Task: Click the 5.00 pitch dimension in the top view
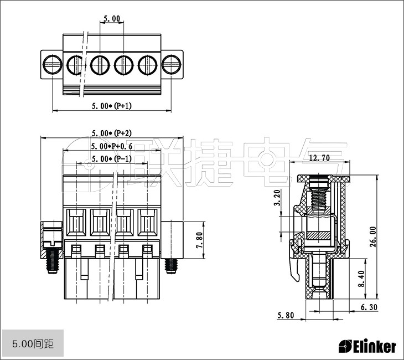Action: pos(112,19)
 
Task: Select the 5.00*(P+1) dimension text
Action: pos(112,106)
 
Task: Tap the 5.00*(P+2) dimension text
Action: pos(112,133)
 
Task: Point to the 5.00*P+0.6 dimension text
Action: pos(112,146)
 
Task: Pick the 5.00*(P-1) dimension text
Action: pos(112,158)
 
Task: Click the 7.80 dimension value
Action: pos(200,240)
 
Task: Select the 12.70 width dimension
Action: pos(319,158)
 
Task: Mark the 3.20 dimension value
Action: pos(277,198)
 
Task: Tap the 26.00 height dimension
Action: pos(373,236)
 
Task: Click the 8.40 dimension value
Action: pos(362,279)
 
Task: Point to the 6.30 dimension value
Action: pos(369,307)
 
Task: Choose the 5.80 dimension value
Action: pos(286,315)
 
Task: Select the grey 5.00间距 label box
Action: pos(33,343)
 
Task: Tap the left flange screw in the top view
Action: pos(53,64)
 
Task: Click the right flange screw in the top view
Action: pos(172,64)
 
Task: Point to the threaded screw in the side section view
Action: pos(319,198)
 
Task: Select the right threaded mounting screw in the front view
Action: pos(171,266)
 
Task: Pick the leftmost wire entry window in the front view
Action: pos(76,222)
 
